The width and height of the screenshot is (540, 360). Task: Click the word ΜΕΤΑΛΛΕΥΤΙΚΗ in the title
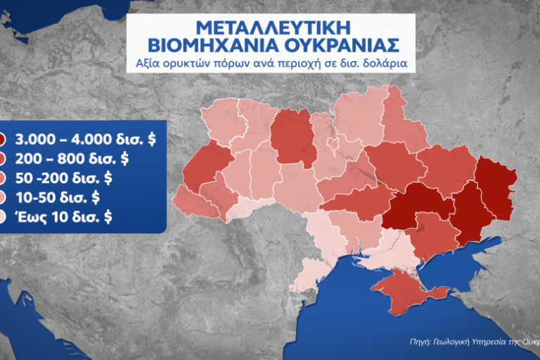tap(270, 28)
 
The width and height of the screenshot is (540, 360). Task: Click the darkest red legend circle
tap(2, 139)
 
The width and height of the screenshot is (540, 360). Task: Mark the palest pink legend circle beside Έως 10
tap(2, 217)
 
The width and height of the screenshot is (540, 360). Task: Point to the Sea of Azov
tap(464, 264)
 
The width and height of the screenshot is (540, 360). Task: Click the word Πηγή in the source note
tap(420, 342)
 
